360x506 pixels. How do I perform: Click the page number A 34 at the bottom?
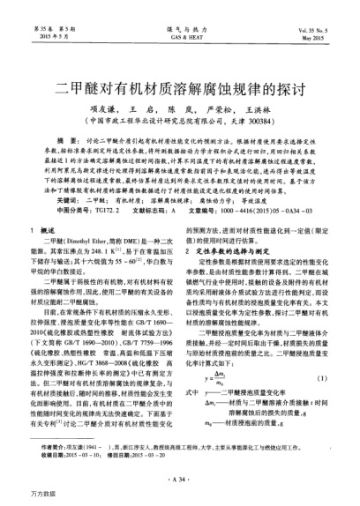[x=179, y=477]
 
